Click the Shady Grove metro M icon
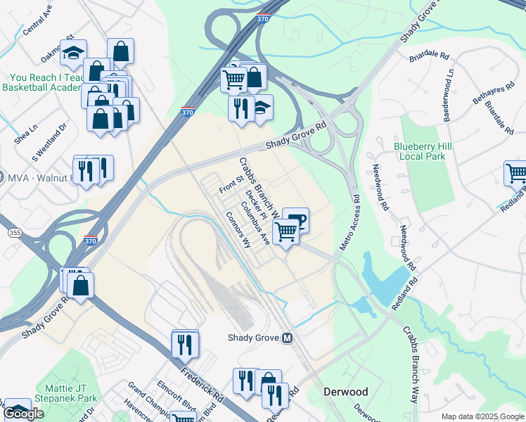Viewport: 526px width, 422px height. (287, 338)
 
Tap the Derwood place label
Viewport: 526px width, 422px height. (345, 391)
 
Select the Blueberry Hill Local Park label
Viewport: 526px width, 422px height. (422, 151)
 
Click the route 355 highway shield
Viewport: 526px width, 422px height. (13, 232)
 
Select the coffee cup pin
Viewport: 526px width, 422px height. (296, 219)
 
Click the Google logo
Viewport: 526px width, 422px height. (24, 414)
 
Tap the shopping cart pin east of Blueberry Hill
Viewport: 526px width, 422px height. (515, 172)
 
